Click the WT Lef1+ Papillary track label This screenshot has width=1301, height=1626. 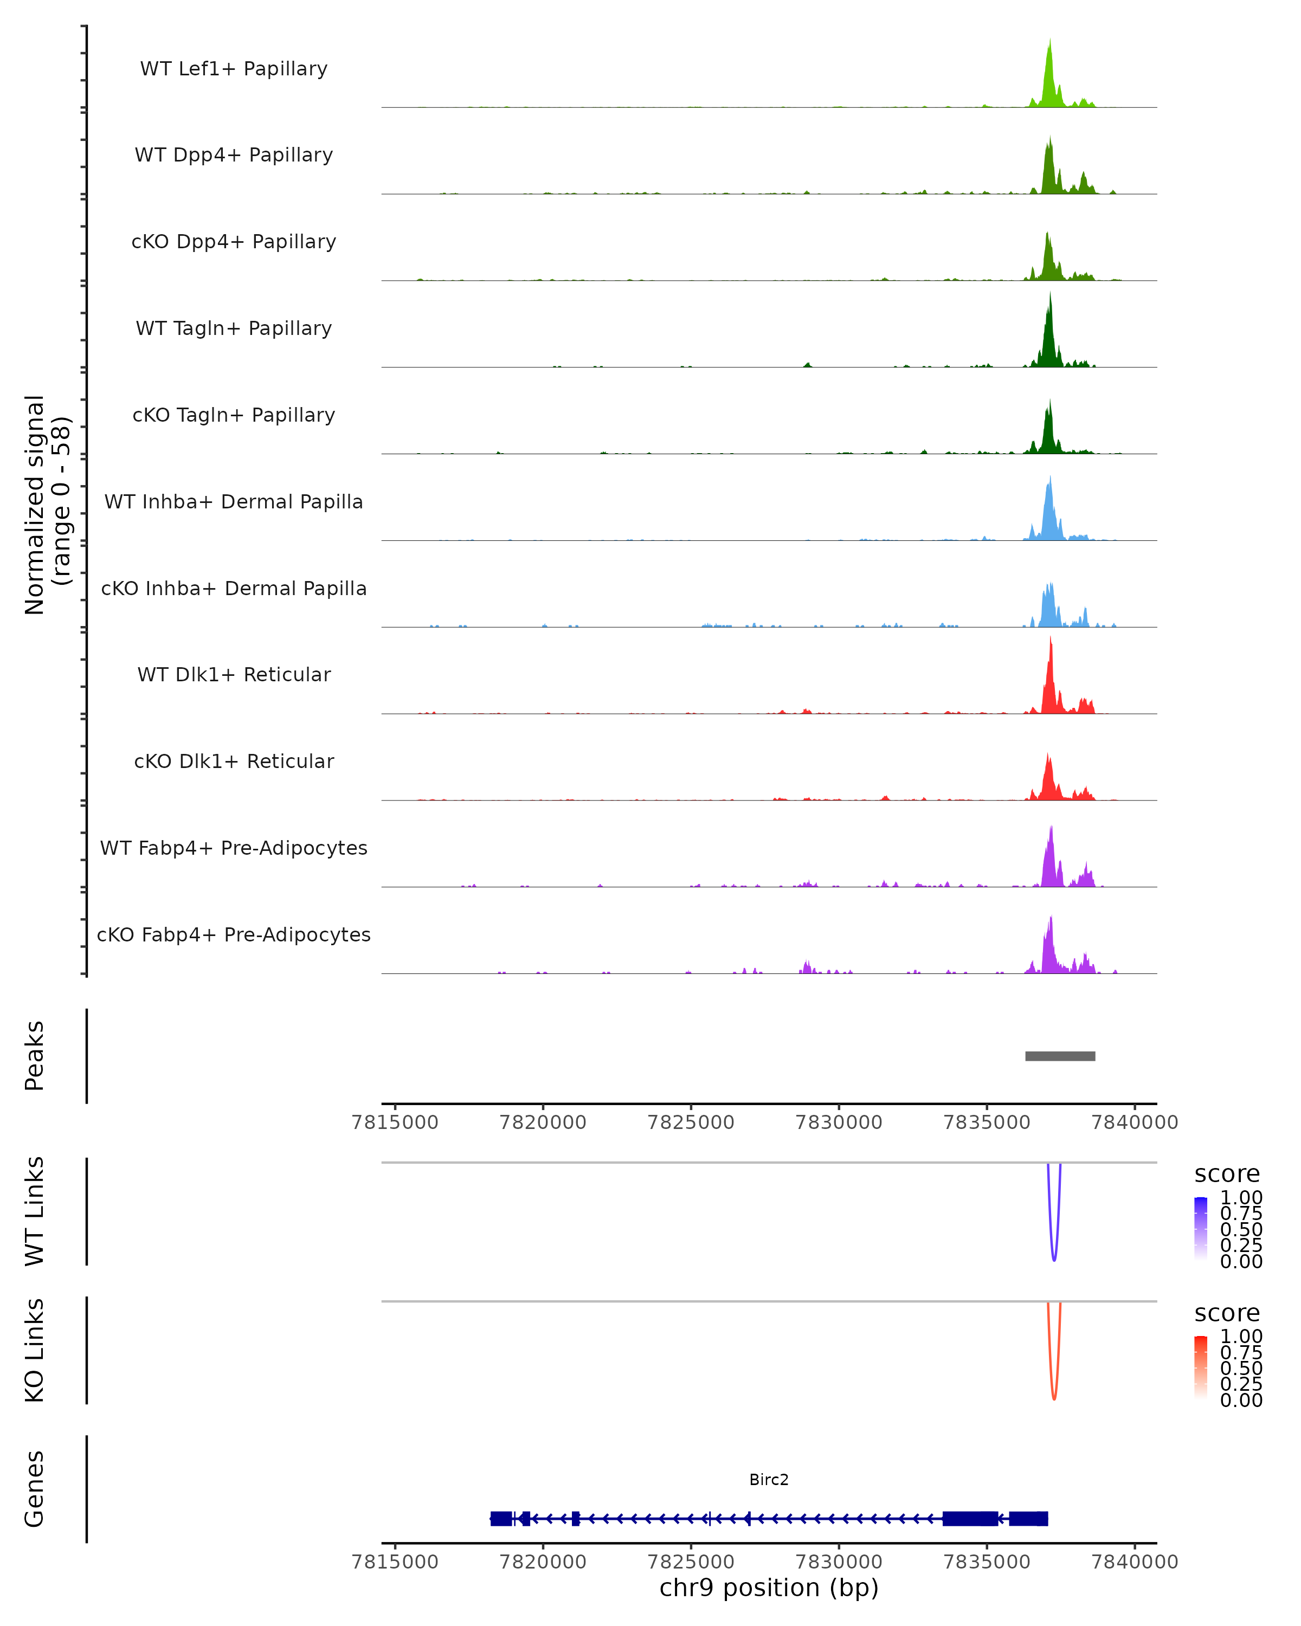(x=234, y=69)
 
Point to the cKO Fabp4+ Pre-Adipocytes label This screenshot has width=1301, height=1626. (x=234, y=934)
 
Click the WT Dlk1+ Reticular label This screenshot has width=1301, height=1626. (x=234, y=674)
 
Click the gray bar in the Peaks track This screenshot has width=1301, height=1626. (x=1060, y=1056)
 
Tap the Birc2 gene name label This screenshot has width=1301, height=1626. (x=769, y=1480)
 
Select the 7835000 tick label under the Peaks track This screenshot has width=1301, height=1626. (x=987, y=1122)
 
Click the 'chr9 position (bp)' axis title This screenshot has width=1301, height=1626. (x=769, y=1588)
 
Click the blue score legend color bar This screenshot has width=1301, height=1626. (x=1201, y=1228)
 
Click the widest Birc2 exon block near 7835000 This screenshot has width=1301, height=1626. (x=970, y=1518)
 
